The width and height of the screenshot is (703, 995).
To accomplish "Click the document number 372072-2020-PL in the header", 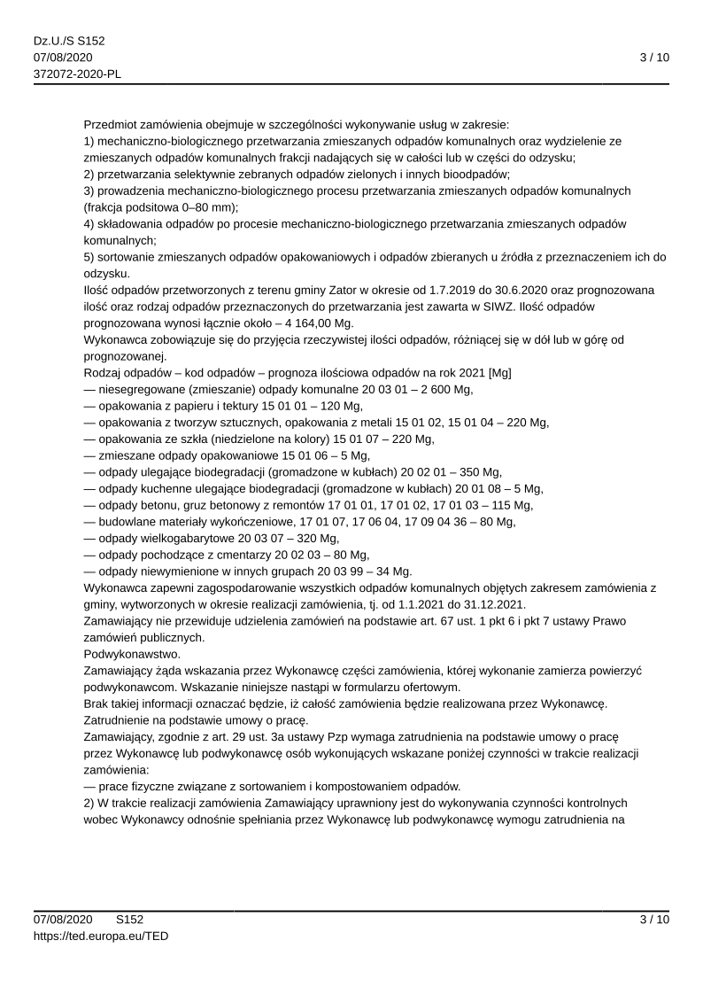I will pyautogui.click(x=77, y=74).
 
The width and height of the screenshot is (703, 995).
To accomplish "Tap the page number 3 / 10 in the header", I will pyautogui.click(x=654, y=58).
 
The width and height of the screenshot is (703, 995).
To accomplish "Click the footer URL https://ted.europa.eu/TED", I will pyautogui.click(x=101, y=935).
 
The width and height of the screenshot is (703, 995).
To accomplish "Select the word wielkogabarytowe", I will pyautogui.click(x=184, y=538).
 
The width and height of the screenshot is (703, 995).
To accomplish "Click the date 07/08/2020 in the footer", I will pyautogui.click(x=64, y=920).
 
